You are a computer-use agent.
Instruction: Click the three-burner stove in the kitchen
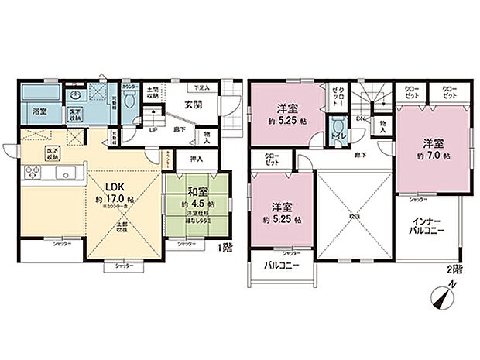click(x=33, y=173)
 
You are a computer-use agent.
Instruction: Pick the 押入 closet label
click(x=197, y=160)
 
